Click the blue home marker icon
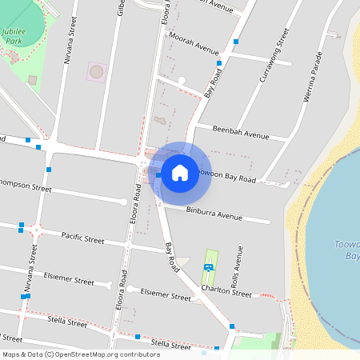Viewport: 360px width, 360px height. tap(180, 172)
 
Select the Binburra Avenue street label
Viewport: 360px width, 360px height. tap(214, 214)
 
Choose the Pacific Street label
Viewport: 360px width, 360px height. tap(82, 238)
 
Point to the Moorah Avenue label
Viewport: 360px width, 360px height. tap(196, 48)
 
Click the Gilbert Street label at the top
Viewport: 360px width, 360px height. tap(121, 6)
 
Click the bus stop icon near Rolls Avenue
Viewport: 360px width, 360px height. tap(208, 267)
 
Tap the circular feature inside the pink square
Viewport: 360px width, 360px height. tap(96, 72)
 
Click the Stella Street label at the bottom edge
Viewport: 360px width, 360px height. tap(170, 344)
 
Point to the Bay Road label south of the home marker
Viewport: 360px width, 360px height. tap(170, 255)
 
